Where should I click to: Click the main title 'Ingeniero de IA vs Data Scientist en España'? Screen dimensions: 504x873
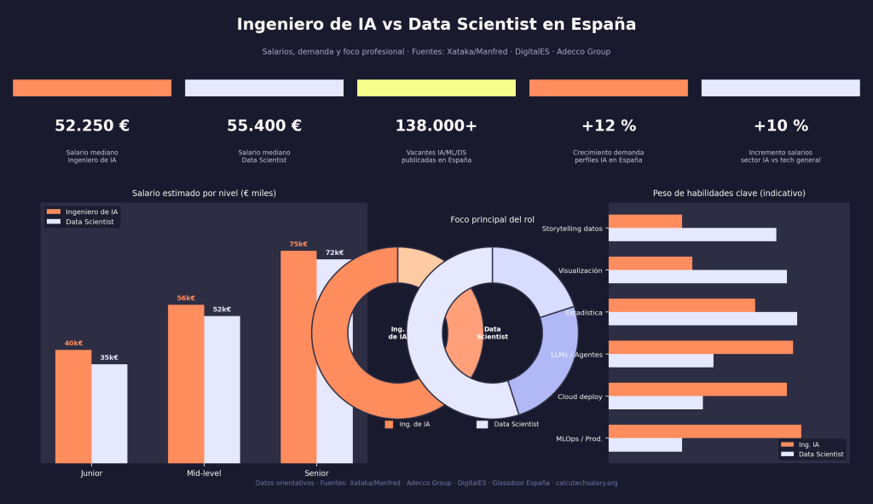(436, 25)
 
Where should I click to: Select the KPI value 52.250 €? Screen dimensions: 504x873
(92, 126)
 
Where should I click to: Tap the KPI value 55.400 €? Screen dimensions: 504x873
(264, 126)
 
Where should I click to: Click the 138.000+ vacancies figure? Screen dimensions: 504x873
(436, 126)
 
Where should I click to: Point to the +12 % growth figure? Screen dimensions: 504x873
(608, 126)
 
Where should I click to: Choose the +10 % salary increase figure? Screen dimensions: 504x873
(780, 126)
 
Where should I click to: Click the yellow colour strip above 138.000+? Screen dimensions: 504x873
(436, 88)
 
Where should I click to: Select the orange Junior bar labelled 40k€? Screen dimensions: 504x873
(73, 406)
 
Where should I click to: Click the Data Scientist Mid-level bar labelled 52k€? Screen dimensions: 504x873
(222, 389)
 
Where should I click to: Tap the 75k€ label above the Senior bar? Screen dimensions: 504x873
(298, 244)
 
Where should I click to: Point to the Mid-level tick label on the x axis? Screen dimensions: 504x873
(204, 473)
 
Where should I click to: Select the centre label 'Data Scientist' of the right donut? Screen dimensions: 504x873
(492, 333)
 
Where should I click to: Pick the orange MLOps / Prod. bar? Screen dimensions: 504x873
(704, 431)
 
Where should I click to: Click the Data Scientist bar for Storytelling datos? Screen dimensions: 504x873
(691, 235)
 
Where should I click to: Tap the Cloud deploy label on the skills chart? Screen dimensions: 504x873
(580, 397)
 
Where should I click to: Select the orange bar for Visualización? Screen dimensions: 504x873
(650, 264)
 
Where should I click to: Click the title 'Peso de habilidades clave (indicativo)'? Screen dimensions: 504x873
(728, 194)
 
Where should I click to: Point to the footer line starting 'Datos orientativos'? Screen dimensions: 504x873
(436, 483)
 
